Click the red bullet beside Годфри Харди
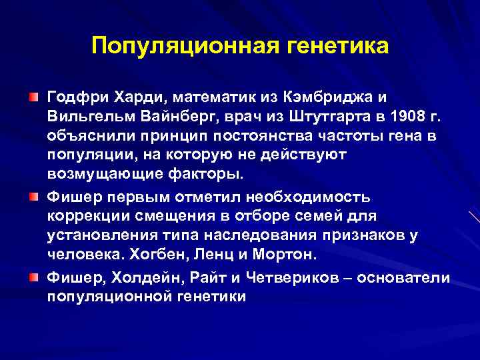[x=33, y=97]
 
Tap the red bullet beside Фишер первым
[x=33, y=198]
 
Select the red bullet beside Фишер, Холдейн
[x=33, y=276]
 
